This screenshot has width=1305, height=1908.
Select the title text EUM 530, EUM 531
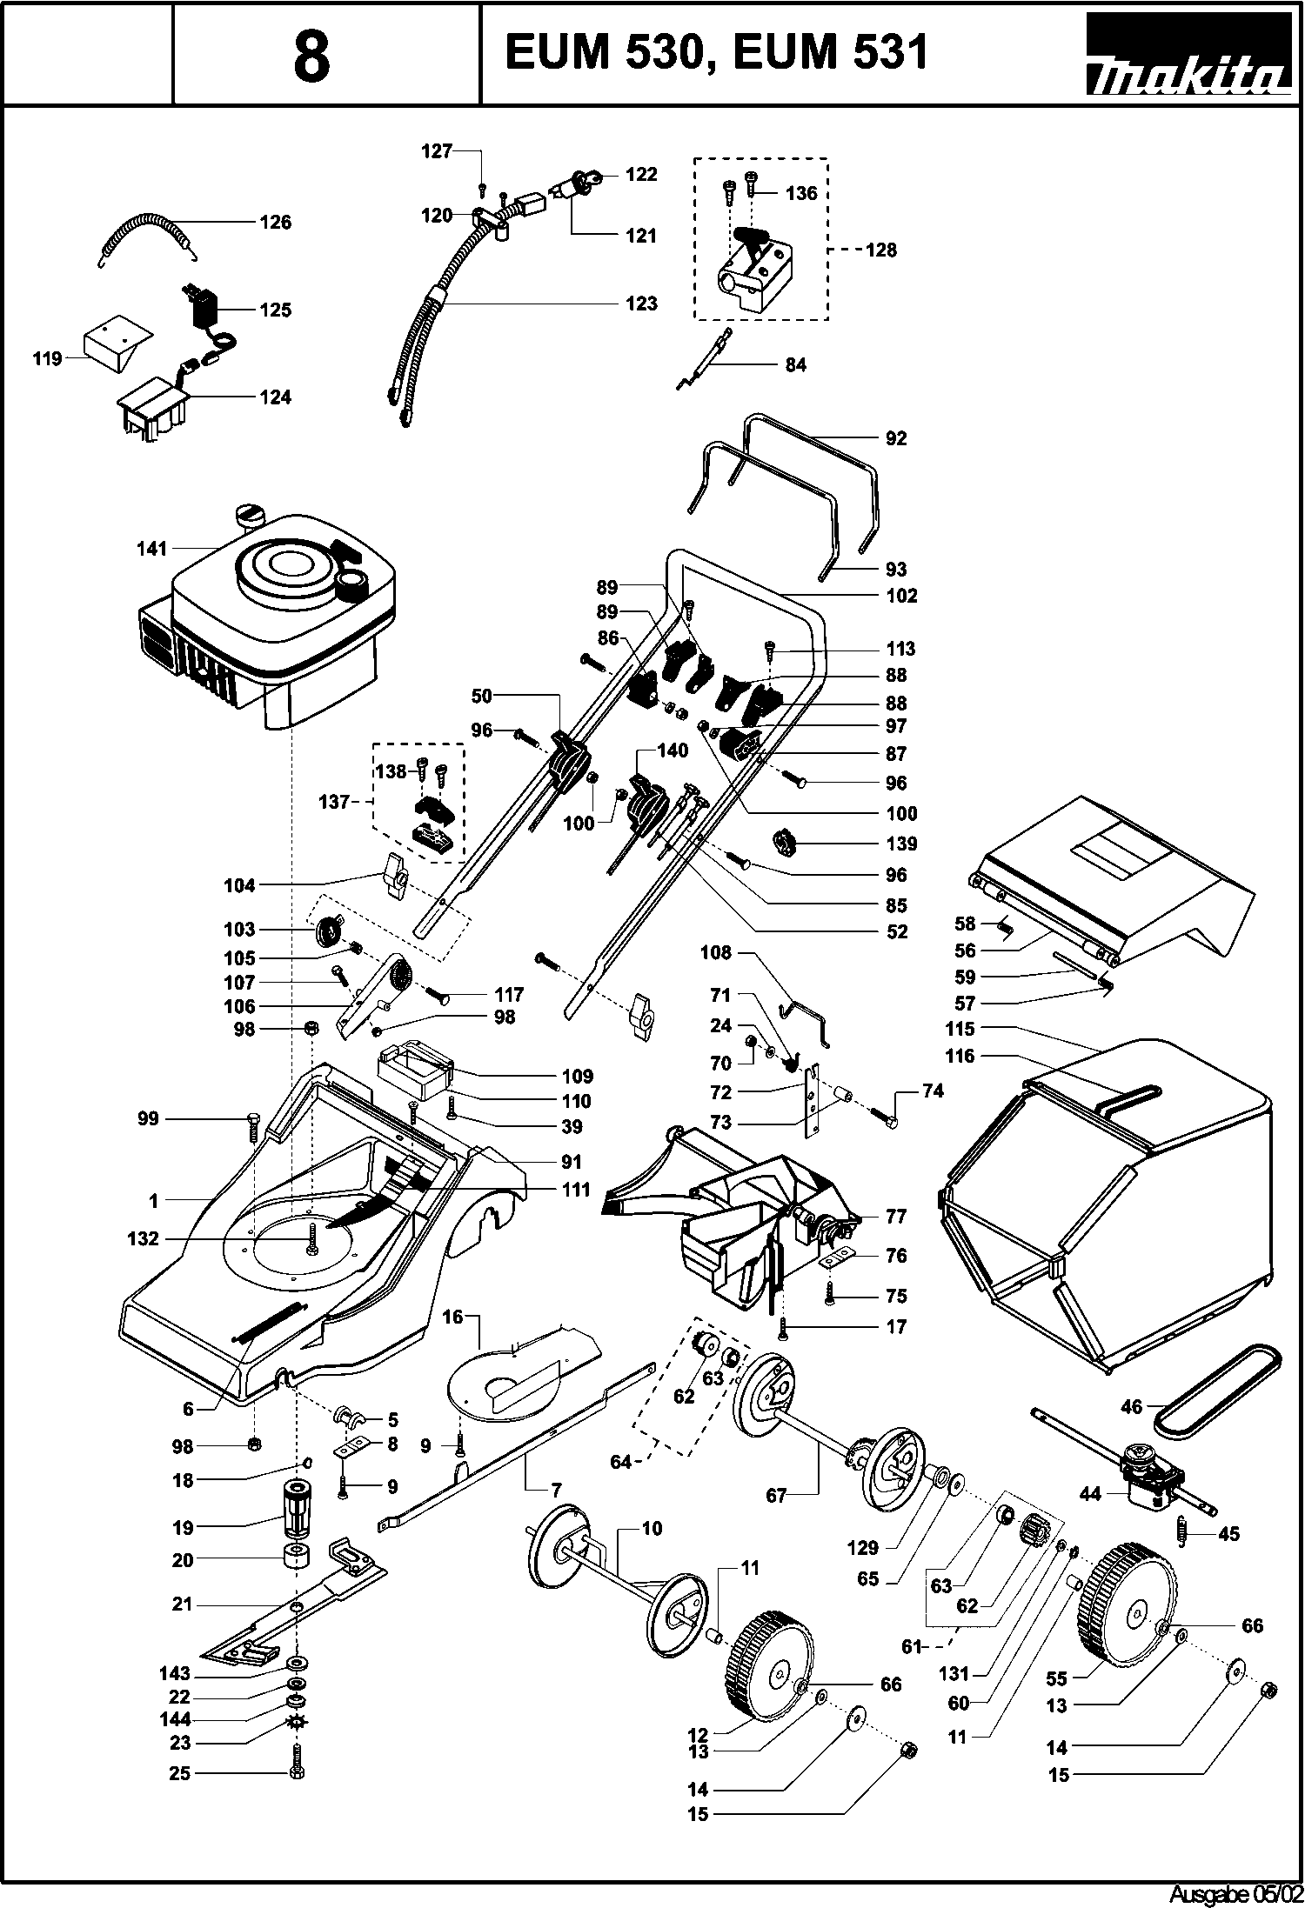pyautogui.click(x=717, y=52)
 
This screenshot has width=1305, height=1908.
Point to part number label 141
pyautogui.click(x=151, y=549)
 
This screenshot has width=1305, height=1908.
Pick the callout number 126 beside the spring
pyautogui.click(x=276, y=223)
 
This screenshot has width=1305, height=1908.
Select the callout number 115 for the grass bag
pyautogui.click(x=960, y=1029)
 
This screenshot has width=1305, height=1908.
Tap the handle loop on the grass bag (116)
pyautogui.click(x=1128, y=1098)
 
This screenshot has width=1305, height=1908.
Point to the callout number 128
pyautogui.click(x=881, y=250)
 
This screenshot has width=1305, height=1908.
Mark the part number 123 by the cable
pyautogui.click(x=642, y=304)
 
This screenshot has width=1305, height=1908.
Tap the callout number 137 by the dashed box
pyautogui.click(x=334, y=802)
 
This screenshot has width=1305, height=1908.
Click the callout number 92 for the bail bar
pyautogui.click(x=896, y=438)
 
